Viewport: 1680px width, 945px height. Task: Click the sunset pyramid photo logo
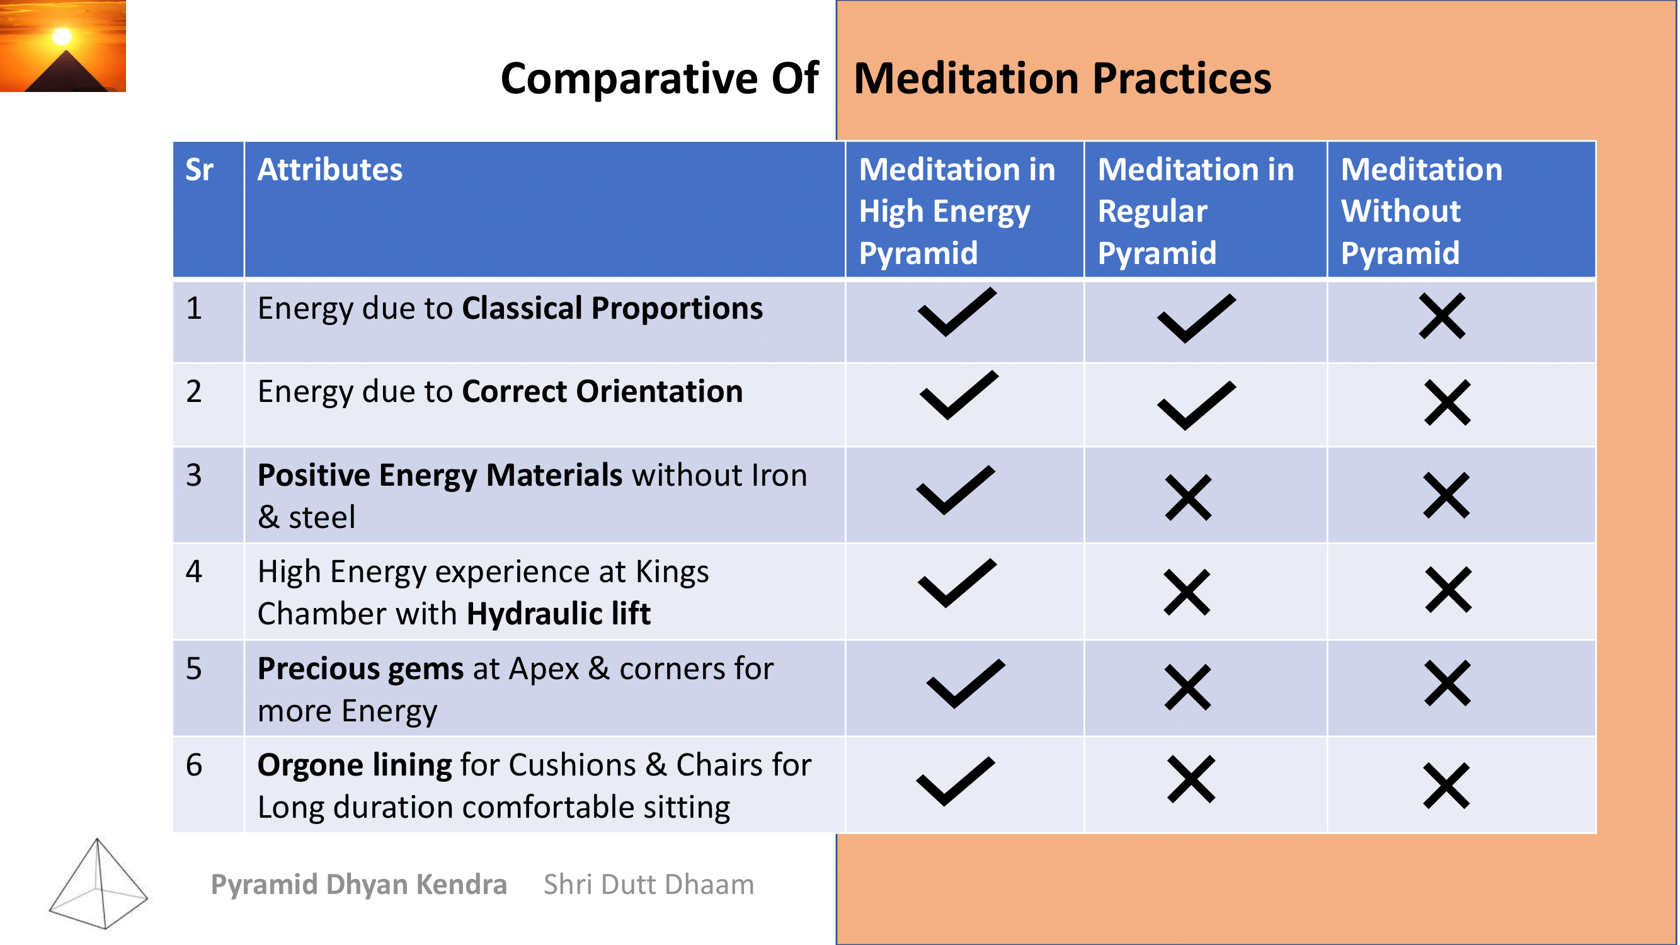[62, 45]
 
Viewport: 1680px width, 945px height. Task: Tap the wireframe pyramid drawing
[98, 883]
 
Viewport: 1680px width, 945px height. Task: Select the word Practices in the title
[1182, 78]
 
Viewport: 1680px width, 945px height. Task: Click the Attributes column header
[330, 169]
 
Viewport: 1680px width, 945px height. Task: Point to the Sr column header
[199, 169]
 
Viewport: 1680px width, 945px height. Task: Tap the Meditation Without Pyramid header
[1422, 210]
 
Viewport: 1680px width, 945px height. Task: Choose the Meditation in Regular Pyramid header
[1196, 210]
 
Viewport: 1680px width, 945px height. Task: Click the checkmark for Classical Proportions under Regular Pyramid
[1197, 318]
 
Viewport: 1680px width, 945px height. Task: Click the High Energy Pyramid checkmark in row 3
[956, 490]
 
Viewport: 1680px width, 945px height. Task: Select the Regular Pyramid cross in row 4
[1187, 592]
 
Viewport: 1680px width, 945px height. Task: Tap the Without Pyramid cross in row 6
[1446, 786]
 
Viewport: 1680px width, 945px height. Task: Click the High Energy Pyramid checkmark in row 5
[966, 684]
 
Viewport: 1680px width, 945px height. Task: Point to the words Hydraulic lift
[559, 614]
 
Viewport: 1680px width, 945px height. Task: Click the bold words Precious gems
[361, 669]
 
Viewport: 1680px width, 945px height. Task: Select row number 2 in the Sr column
[193, 391]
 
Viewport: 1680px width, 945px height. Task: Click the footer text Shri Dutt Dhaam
[649, 885]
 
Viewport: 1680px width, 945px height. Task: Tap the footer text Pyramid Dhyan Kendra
[358, 885]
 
